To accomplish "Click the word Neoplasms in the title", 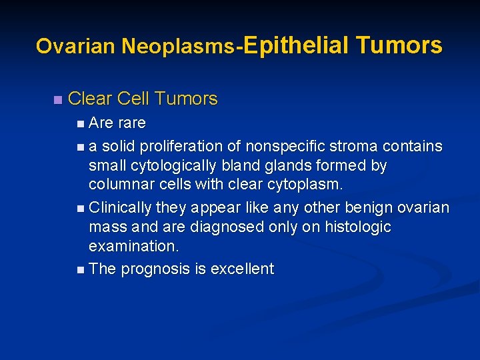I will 178,47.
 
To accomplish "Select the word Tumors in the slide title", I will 399,45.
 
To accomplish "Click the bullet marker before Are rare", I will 80,124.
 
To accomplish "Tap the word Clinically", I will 120,207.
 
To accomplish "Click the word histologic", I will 357,227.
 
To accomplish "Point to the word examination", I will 134,245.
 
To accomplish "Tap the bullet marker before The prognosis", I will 80,269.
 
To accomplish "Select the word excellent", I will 242,269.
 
